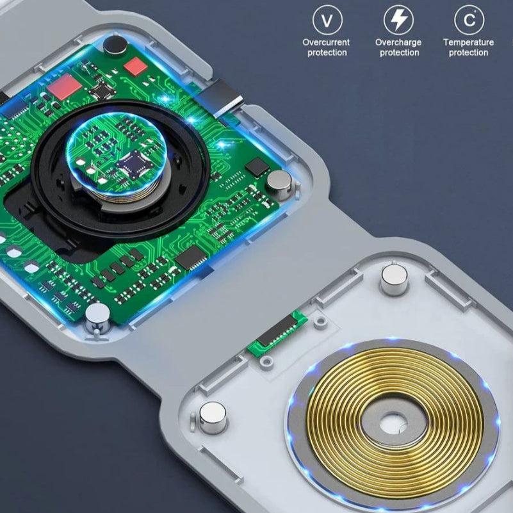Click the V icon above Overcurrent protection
coord(327,20)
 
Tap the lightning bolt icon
coord(398,20)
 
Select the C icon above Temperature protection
coord(469,20)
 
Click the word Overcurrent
coord(326,42)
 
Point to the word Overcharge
coord(398,42)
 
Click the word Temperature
coord(469,42)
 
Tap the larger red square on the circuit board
coord(65,86)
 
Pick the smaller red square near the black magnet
coord(135,66)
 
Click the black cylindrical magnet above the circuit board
coord(115,45)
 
